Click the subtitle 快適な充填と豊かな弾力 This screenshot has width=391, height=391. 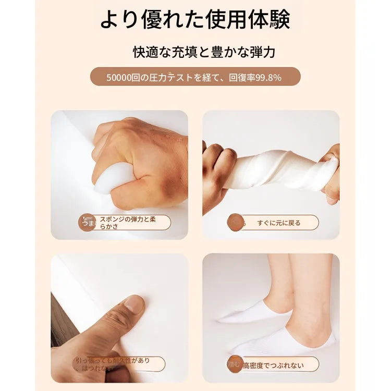[x=204, y=53]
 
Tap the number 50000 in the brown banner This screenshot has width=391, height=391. [x=118, y=78]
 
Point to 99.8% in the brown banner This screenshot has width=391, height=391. [x=269, y=78]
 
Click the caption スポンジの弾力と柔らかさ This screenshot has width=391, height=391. [x=127, y=223]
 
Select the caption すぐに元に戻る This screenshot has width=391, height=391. [x=278, y=223]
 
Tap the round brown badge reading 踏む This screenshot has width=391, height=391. [x=234, y=364]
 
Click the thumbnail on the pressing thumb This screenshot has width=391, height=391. [x=134, y=304]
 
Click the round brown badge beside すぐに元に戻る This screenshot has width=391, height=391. [x=236, y=222]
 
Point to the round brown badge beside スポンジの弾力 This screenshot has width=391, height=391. [x=87, y=223]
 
